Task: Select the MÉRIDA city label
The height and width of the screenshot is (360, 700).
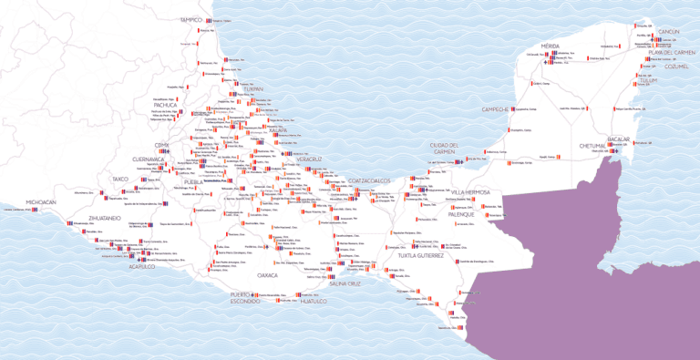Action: (x=550, y=45)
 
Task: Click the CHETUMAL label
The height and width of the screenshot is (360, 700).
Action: (x=592, y=146)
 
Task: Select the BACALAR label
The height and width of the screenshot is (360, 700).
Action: (x=619, y=139)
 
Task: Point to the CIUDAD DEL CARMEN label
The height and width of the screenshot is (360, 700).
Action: (x=449, y=149)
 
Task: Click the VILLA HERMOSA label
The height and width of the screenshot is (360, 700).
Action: (x=471, y=192)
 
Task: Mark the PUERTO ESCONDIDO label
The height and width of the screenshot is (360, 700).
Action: (x=244, y=298)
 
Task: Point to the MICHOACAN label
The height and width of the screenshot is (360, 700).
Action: (x=41, y=201)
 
